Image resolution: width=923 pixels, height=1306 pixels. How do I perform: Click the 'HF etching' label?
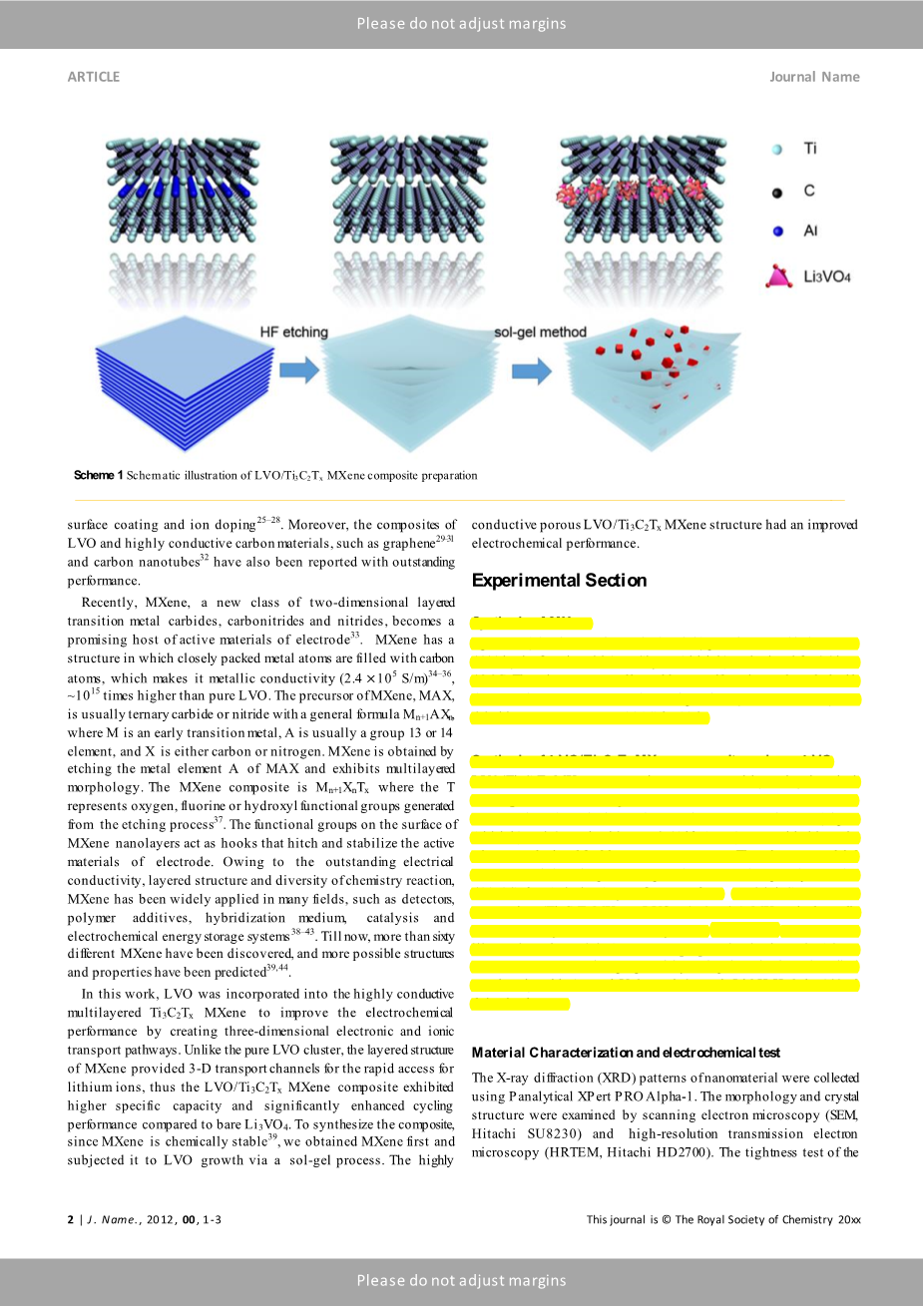(293, 332)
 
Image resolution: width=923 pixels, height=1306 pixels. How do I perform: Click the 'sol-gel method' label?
(540, 332)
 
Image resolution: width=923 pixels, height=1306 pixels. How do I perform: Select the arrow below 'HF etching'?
(298, 371)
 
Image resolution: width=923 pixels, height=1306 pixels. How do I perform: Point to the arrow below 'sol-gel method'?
(531, 371)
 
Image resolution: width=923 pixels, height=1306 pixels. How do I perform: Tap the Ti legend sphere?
(777, 149)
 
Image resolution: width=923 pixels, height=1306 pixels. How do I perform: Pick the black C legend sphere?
(777, 191)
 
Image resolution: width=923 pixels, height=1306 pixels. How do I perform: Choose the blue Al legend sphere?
(777, 231)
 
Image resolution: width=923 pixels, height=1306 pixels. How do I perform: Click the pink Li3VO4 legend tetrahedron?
(777, 276)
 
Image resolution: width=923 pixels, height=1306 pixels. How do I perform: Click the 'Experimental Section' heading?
(559, 581)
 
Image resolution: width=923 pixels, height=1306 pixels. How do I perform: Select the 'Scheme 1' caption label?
(98, 475)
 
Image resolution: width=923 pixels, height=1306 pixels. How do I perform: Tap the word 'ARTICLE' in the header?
(94, 77)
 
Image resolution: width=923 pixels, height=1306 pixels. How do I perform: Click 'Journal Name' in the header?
(814, 77)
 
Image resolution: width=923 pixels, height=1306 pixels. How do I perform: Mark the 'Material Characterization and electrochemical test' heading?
(626, 1053)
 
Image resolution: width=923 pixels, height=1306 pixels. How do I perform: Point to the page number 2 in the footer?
(71, 1219)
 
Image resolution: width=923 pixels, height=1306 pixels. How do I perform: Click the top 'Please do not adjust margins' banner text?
(461, 24)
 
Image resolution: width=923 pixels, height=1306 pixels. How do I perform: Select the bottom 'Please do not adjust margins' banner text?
(461, 1281)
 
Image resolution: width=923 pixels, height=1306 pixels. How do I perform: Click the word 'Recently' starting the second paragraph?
(108, 603)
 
